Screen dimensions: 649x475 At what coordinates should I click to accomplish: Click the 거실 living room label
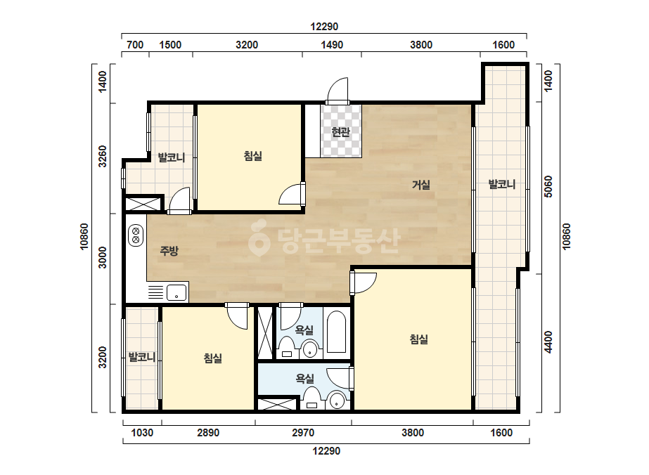click(421, 185)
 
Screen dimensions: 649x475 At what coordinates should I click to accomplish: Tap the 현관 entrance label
click(340, 132)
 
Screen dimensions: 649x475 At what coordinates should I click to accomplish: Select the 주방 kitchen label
click(169, 250)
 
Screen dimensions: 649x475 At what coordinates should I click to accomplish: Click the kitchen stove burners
click(136, 235)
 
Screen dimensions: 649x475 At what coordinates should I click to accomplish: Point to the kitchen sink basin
click(176, 292)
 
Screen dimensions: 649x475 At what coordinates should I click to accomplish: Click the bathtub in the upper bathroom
click(337, 332)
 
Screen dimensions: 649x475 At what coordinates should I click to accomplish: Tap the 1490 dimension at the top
click(332, 45)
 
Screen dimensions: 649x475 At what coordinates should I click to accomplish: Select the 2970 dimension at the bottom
click(303, 433)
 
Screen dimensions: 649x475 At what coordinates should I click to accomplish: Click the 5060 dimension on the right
click(548, 187)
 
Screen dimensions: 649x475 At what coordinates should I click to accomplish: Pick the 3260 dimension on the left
click(102, 157)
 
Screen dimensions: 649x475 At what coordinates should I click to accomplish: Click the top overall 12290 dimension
click(324, 27)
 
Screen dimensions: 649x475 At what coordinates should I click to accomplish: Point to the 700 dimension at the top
click(135, 45)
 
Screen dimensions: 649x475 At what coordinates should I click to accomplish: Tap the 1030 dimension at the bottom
click(142, 433)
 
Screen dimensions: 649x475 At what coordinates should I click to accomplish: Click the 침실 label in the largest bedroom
click(419, 339)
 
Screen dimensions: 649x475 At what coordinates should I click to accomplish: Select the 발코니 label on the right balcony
click(501, 184)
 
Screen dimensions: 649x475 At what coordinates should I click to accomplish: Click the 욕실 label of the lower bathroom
click(304, 378)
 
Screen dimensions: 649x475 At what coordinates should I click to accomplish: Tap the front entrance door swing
click(338, 90)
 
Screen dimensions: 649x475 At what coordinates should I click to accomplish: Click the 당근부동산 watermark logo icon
click(259, 238)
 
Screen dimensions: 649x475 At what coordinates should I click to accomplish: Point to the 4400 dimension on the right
click(548, 342)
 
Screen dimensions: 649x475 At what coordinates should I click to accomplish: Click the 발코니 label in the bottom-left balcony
click(141, 357)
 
